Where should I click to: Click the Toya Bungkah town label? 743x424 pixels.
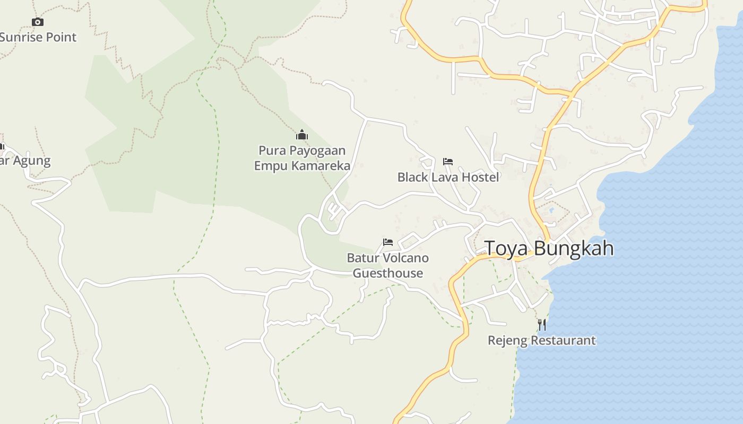[549, 248]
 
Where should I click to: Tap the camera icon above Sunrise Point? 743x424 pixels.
[37, 22]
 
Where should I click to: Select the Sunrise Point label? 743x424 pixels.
[38, 37]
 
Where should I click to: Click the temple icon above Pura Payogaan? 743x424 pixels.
[302, 135]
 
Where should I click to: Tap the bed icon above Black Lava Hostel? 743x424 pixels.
[448, 162]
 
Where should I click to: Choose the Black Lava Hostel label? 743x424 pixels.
[448, 177]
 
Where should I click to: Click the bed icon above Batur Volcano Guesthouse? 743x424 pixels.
[388, 242]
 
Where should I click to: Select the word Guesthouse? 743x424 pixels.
[388, 273]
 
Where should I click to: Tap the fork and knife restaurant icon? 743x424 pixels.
[542, 324]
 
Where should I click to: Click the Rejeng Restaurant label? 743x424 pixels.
[542, 340]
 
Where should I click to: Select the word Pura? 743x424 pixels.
[270, 151]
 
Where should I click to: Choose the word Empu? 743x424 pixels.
[267, 166]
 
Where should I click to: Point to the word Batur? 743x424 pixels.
[362, 258]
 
